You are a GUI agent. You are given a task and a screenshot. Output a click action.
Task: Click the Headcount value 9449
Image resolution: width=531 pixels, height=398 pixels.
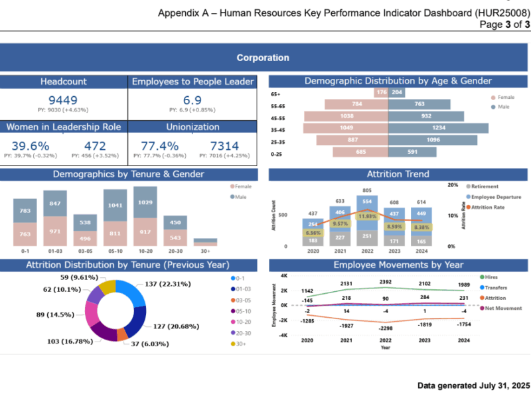[63, 99]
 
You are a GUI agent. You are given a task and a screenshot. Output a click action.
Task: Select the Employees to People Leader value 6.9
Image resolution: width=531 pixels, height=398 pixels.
[192, 99]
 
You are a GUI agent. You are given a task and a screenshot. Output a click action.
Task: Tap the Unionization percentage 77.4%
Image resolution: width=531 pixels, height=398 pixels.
[160, 146]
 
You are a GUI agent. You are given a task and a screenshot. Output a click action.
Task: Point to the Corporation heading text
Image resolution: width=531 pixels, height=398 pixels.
[263, 58]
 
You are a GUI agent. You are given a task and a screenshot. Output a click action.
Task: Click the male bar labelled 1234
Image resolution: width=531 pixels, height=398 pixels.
[438, 128]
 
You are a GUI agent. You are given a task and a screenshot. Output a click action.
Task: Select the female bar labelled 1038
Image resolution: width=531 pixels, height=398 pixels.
[346, 116]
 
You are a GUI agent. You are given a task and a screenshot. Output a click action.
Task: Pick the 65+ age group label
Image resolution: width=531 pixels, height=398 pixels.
[275, 94]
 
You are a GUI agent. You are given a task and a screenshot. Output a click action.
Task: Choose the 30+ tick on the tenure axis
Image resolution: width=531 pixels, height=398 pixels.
[206, 252]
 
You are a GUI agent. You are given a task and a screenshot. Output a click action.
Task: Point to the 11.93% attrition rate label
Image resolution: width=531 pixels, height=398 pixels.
[367, 216]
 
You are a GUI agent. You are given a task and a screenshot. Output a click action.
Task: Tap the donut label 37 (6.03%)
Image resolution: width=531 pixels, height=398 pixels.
[149, 344]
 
